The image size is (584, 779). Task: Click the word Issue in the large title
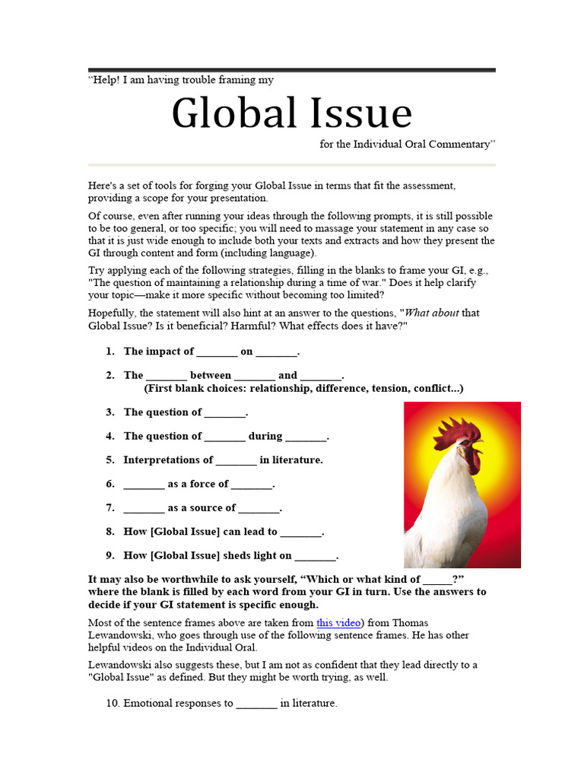pyautogui.click(x=358, y=113)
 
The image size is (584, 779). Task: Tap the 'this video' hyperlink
pyautogui.click(x=338, y=622)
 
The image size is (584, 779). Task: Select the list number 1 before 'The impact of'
pyautogui.click(x=109, y=351)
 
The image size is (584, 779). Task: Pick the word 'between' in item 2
pyautogui.click(x=211, y=375)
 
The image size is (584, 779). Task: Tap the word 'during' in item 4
pyautogui.click(x=265, y=436)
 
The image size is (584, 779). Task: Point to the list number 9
pyautogui.click(x=109, y=555)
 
